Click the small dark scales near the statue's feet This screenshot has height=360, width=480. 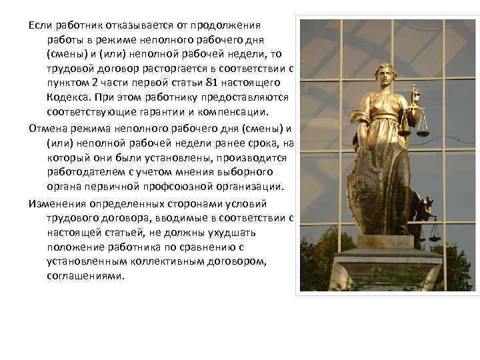pyautogui.click(x=433, y=230)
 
